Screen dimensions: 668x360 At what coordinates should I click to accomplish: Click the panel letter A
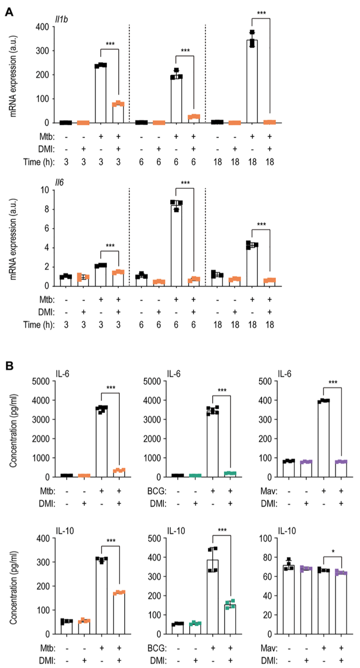(x=9, y=11)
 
